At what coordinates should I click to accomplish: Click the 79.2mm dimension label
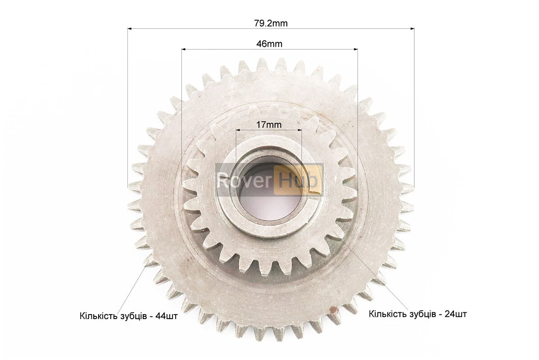click(x=271, y=23)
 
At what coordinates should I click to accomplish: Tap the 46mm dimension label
click(x=269, y=44)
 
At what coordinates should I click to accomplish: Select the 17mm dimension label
click(x=269, y=125)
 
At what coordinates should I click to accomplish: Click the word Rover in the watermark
click(x=245, y=180)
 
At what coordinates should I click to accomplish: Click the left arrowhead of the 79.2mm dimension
click(x=130, y=29)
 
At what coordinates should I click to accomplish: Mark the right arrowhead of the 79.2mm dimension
click(x=412, y=29)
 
